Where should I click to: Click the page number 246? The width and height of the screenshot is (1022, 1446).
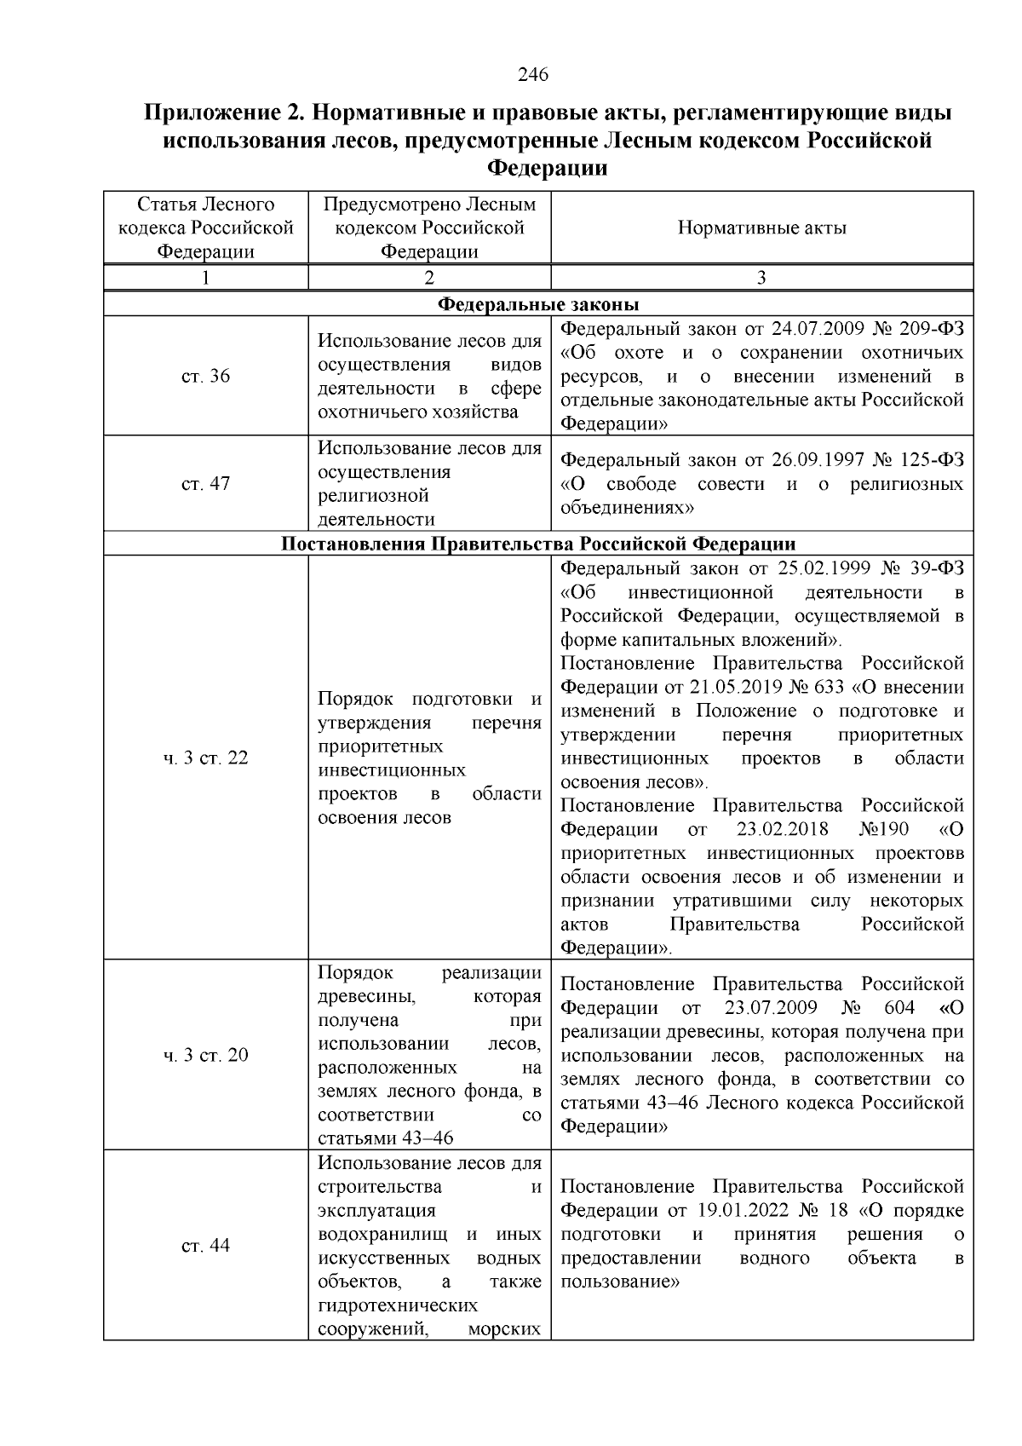click(533, 75)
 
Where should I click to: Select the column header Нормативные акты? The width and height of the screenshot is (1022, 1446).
click(761, 228)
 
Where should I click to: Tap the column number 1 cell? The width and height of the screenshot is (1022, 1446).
click(205, 278)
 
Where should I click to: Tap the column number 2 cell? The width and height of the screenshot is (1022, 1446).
click(429, 278)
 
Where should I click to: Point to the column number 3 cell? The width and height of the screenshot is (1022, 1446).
click(761, 278)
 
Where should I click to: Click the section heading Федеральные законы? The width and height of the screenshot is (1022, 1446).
click(538, 304)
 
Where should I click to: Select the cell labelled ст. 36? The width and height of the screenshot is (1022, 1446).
click(205, 377)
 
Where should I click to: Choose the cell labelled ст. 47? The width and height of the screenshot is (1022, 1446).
click(205, 484)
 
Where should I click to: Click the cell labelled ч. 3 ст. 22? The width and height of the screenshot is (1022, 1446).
click(205, 758)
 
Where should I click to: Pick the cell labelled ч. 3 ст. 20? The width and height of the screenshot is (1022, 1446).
click(205, 1056)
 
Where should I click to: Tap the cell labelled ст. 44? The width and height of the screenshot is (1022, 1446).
click(205, 1246)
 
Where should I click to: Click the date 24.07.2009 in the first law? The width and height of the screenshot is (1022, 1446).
click(818, 330)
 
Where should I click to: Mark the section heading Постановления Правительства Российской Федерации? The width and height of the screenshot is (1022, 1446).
click(538, 544)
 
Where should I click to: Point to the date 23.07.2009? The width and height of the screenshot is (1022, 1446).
click(771, 1008)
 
